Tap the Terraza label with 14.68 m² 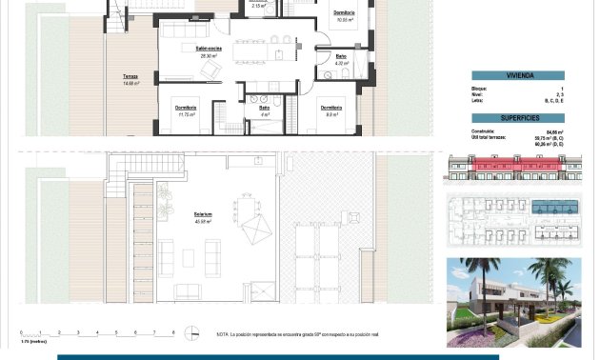(130, 76)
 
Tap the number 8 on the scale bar (172, 332)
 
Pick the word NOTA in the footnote (223, 334)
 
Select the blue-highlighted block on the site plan (551, 208)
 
